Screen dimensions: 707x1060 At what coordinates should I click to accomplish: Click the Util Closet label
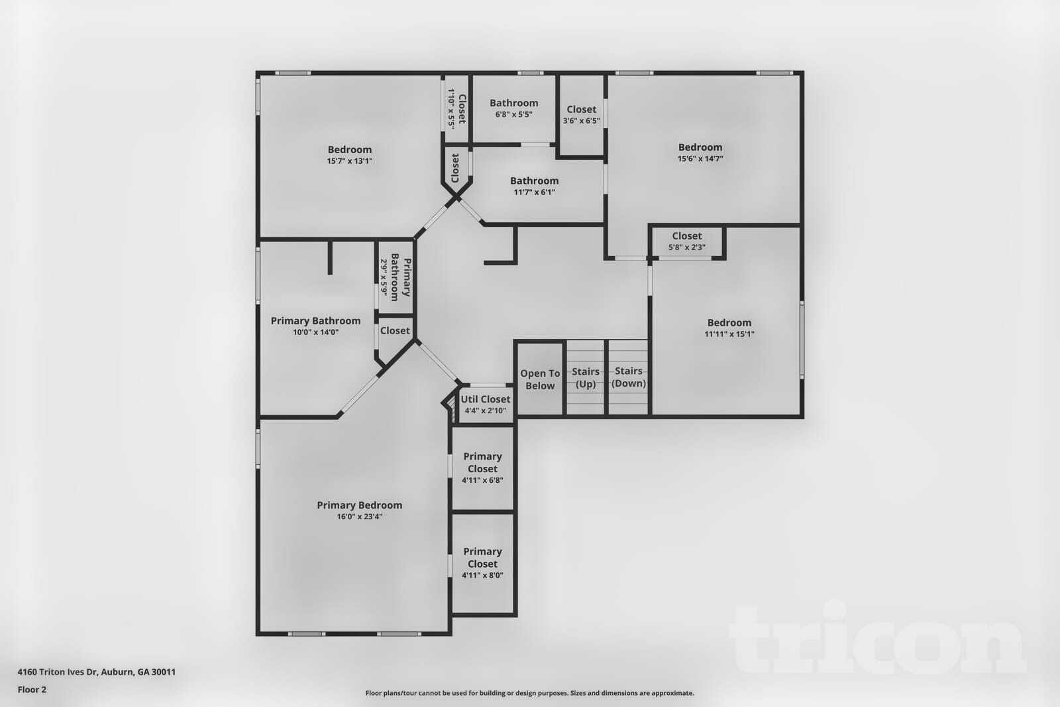tap(486, 399)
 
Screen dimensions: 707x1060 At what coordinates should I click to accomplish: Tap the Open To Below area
tap(540, 379)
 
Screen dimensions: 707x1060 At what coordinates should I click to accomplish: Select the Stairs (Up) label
tap(586, 378)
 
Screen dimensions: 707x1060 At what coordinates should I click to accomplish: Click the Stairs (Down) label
tap(628, 377)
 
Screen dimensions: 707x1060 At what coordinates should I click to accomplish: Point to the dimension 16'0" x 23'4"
tap(359, 517)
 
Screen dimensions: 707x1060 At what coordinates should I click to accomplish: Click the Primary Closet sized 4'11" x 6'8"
tap(482, 468)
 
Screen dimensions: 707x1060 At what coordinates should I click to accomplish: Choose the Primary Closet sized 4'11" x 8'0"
tap(482, 562)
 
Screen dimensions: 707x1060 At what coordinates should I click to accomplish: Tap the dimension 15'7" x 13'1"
tap(349, 161)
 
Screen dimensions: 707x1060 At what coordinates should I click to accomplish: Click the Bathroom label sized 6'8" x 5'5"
tap(513, 103)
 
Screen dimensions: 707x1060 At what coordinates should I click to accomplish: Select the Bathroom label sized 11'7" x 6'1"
tap(534, 181)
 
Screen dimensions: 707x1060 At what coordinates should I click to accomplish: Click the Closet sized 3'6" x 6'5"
tap(581, 114)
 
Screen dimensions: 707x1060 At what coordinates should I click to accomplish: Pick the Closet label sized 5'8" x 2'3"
tap(686, 236)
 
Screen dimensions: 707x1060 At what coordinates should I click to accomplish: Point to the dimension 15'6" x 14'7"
tap(700, 159)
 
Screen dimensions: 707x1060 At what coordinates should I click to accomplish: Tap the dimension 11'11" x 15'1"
tap(729, 334)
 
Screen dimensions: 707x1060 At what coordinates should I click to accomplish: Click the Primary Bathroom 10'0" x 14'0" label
tap(315, 321)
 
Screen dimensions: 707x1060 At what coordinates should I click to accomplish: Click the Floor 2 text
tap(32, 690)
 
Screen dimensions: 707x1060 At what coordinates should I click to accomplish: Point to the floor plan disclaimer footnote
tap(529, 693)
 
